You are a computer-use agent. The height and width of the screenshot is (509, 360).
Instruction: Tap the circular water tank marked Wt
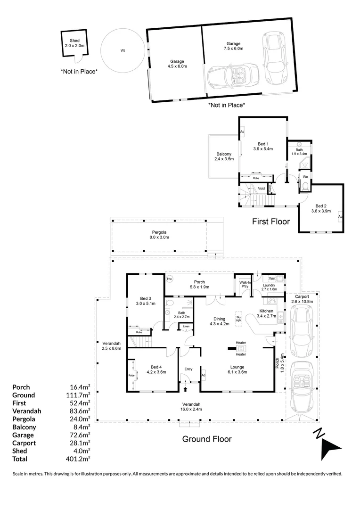click(123, 51)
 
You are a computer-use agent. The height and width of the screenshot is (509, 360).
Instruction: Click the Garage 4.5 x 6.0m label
click(177, 64)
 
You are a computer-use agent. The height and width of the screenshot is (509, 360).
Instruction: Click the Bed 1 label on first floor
click(263, 146)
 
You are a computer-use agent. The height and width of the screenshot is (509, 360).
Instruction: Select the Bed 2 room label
click(320, 209)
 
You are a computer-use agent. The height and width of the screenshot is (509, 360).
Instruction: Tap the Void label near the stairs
click(261, 189)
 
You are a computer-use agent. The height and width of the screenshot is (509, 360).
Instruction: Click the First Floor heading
click(271, 221)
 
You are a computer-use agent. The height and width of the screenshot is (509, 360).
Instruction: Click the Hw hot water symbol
click(170, 279)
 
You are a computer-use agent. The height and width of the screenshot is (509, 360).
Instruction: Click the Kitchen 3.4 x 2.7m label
click(265, 314)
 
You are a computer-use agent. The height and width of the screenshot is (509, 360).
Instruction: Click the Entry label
click(188, 369)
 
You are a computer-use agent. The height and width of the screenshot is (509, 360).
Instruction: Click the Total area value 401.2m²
click(80, 459)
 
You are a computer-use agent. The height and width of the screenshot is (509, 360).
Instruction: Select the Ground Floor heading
click(207, 439)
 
